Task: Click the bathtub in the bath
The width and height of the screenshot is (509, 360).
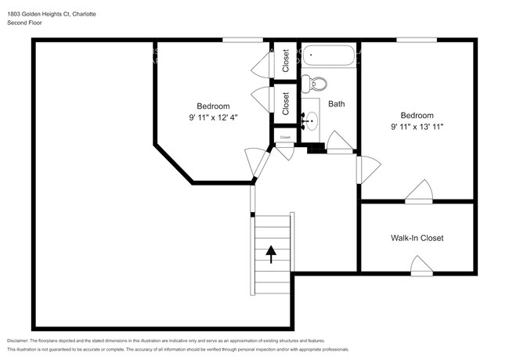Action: [328, 56]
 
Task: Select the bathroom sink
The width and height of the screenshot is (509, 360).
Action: [312, 121]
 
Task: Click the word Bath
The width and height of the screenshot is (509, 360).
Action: [337, 103]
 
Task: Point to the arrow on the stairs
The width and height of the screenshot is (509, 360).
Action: [271, 254]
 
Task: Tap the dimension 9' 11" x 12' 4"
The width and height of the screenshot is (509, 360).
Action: [213, 117]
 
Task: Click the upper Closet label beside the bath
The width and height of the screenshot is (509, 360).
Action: [286, 60]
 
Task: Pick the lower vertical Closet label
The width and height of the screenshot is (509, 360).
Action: [286, 103]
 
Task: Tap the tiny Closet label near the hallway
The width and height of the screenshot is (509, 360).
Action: [284, 138]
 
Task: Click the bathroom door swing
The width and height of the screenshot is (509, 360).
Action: [338, 142]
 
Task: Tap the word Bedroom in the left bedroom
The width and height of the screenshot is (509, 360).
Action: [213, 106]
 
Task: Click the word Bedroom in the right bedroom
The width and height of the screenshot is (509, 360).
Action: [417, 115]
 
